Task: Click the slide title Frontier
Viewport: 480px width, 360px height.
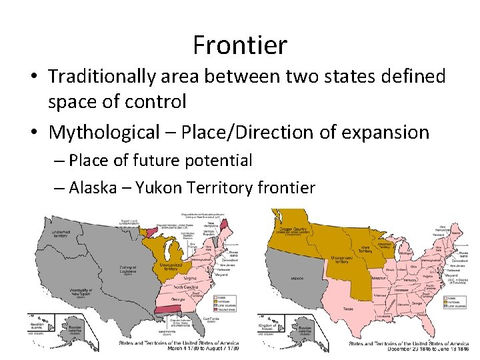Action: pos(240,45)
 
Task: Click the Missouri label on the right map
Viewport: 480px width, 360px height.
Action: pos(379,276)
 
